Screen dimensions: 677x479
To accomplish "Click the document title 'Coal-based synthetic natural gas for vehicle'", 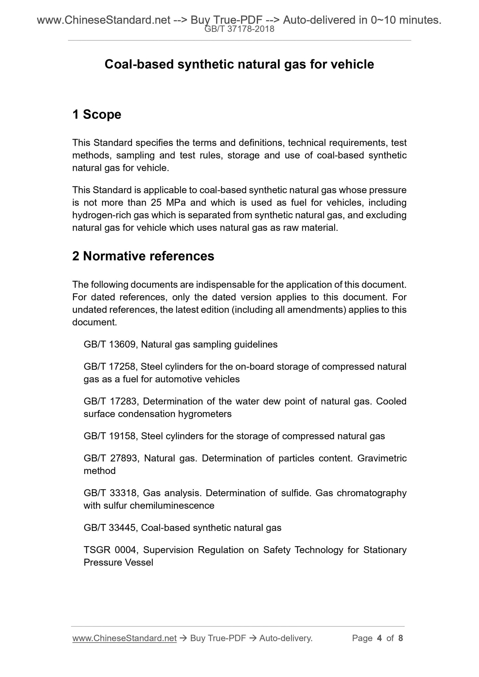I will coord(239,64).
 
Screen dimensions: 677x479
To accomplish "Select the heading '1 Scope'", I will coord(96,115).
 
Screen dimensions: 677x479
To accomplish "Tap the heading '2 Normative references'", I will coord(143,256).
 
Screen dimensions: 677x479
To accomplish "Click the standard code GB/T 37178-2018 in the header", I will coord(239,29).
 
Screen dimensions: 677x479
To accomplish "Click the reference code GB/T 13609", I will coord(109,344).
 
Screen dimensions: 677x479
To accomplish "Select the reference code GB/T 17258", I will coord(109,367).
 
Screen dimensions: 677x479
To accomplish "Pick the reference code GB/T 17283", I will coord(110,401).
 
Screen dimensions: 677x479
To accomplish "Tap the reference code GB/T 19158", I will coord(109,436).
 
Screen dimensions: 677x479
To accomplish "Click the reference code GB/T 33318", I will coord(110,493).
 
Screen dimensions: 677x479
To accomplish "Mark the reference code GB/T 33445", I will coord(109,528).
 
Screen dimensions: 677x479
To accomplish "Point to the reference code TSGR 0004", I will coord(111,550).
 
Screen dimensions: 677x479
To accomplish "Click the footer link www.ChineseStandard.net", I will coord(124,638).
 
